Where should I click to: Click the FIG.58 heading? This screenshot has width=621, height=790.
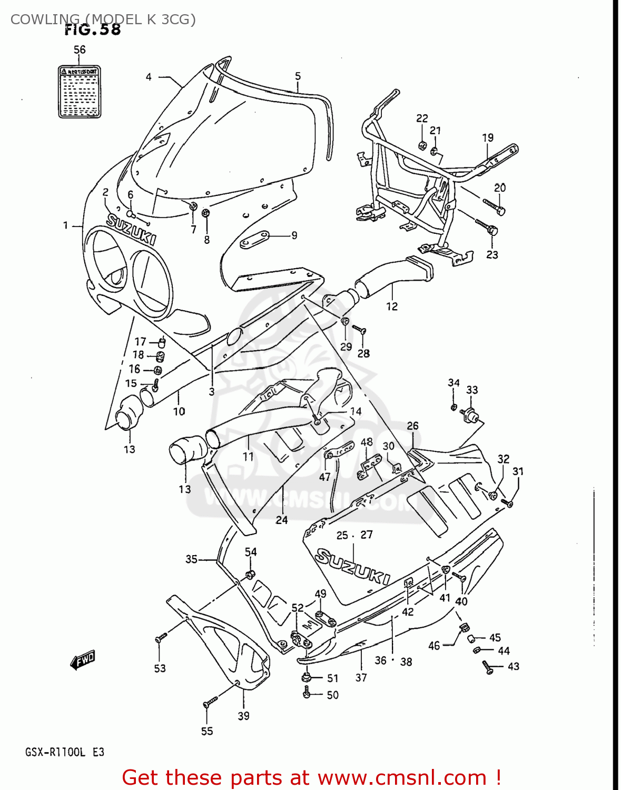coord(93,29)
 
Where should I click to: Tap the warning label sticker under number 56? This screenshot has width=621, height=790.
coord(79,92)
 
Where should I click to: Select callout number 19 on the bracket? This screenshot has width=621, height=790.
coord(488,137)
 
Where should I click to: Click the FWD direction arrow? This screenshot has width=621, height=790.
coord(82,659)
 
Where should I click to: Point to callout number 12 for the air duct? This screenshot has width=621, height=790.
coord(392,306)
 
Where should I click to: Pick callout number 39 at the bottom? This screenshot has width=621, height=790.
coord(243,716)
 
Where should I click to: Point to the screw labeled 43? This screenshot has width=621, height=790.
coord(487,668)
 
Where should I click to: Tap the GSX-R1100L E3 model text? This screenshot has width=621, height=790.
coord(65,752)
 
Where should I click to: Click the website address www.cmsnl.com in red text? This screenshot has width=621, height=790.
coord(402,777)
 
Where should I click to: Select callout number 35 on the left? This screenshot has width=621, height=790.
coord(191,559)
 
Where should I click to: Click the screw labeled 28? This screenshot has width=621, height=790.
coord(359,330)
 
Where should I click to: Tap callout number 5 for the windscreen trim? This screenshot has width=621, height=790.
coord(298,76)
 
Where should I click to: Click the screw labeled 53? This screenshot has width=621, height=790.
coord(161,638)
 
